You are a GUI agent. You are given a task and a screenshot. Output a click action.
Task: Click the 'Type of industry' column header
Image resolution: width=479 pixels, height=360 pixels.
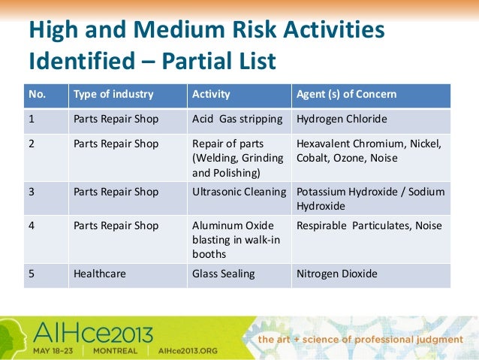pyautogui.click(x=113, y=95)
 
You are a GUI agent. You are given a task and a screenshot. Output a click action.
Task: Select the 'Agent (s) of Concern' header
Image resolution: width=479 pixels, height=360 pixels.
pyautogui.click(x=346, y=95)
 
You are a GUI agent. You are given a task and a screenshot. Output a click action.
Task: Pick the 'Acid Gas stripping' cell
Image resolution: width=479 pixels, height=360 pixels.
pyautogui.click(x=237, y=118)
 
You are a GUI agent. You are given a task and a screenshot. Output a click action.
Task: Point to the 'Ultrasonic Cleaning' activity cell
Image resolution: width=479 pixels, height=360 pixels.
pyautogui.click(x=239, y=192)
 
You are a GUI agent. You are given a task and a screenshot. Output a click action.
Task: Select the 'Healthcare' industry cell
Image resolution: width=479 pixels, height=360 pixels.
pyautogui.click(x=98, y=274)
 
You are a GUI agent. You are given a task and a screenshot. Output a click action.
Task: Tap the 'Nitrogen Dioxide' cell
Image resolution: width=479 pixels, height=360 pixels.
pyautogui.click(x=337, y=274)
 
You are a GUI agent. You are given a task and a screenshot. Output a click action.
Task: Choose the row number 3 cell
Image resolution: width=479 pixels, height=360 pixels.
pyautogui.click(x=32, y=192)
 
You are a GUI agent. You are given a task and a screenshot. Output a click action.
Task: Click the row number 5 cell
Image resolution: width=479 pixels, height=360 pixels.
pyautogui.click(x=32, y=274)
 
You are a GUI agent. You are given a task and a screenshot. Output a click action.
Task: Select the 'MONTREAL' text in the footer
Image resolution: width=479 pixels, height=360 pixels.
pyautogui.click(x=114, y=350)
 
